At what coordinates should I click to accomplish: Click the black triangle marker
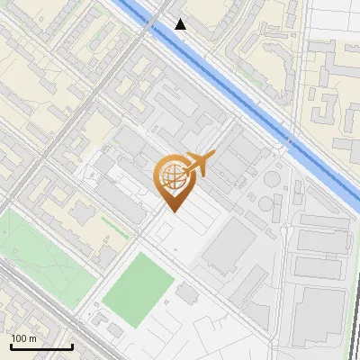(x=181, y=24)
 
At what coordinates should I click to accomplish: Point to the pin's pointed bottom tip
(x=173, y=212)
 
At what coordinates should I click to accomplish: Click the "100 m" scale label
(x=24, y=338)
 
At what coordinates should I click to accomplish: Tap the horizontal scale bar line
(x=41, y=346)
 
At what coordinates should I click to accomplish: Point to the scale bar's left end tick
(x=12, y=345)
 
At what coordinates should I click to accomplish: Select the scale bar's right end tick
(x=72, y=345)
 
